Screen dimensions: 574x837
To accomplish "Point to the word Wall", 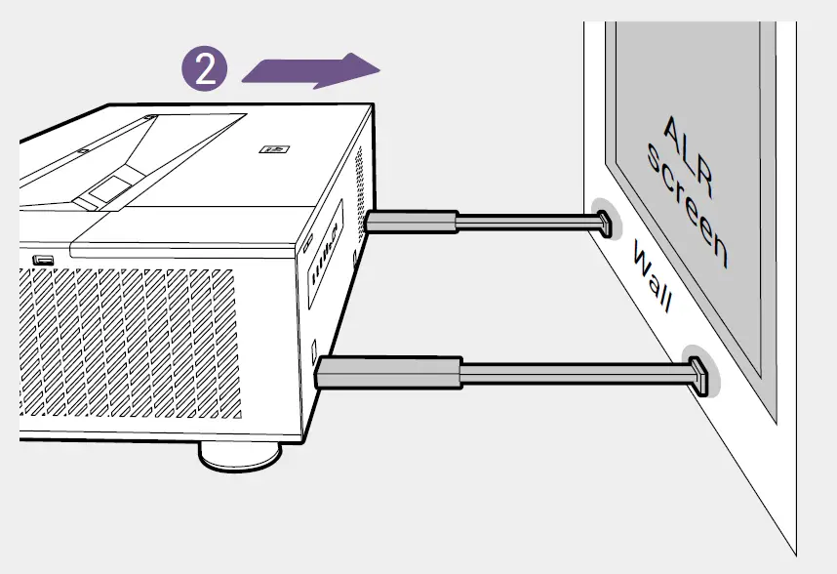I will (x=652, y=279).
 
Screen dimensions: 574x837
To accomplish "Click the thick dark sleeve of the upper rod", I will (x=411, y=223).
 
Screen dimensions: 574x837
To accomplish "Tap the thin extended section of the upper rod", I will (x=522, y=224).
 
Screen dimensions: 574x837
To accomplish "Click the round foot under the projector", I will (x=239, y=455).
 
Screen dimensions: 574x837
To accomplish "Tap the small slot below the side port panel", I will (x=313, y=347).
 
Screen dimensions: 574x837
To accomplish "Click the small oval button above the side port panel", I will (x=309, y=240).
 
